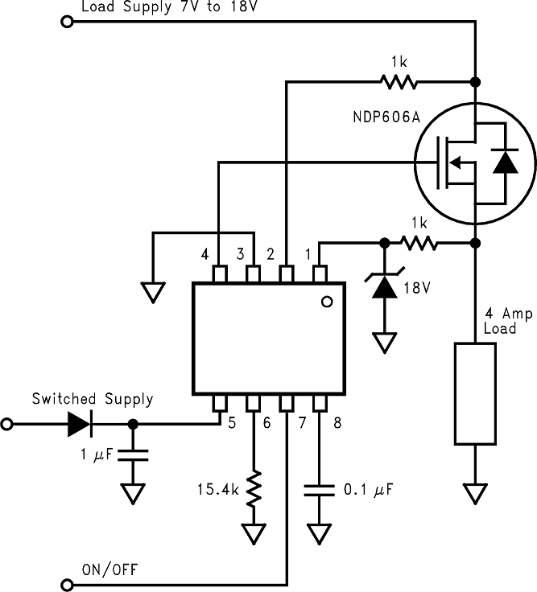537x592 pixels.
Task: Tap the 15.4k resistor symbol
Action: click(255, 488)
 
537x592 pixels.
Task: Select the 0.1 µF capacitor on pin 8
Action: click(320, 489)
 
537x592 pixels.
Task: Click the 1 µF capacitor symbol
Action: click(133, 455)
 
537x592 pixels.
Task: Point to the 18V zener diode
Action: click(385, 285)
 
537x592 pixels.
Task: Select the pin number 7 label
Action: click(301, 421)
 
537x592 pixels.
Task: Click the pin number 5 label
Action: click(233, 421)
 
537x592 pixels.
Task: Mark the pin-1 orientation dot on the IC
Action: click(325, 302)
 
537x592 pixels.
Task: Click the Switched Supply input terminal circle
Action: click(8, 423)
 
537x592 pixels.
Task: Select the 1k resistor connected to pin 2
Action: click(399, 81)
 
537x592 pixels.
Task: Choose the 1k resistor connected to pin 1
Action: click(419, 242)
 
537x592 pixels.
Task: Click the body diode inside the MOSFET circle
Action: click(505, 163)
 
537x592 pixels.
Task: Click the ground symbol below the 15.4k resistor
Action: click(255, 532)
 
